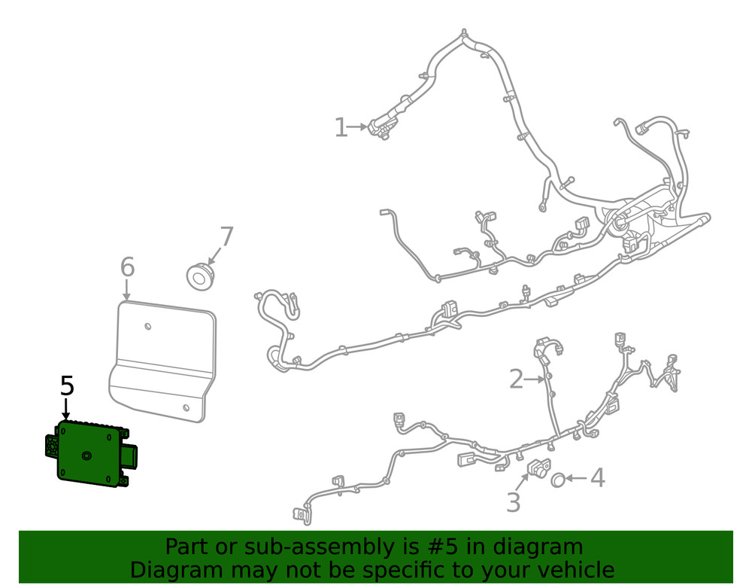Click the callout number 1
[x=341, y=128]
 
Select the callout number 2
[x=516, y=379]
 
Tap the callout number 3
[x=513, y=502]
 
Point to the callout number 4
[x=596, y=477]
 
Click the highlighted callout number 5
[x=67, y=386]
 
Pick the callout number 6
[x=127, y=267]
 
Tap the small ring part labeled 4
[x=559, y=479]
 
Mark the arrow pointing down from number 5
[x=66, y=410]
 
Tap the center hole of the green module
[x=86, y=455]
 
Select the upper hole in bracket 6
[x=148, y=327]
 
